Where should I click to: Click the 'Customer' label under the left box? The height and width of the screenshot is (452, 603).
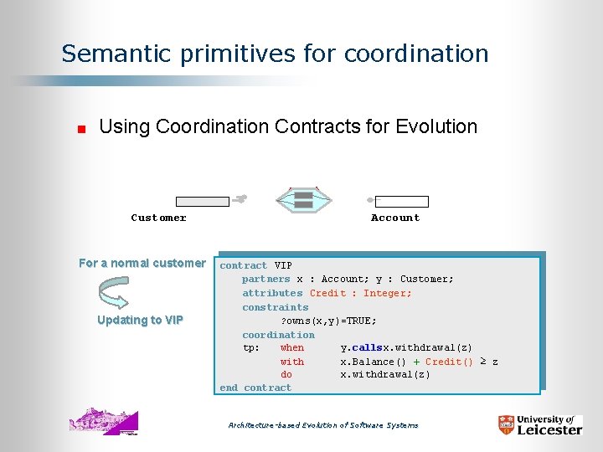pyautogui.click(x=159, y=218)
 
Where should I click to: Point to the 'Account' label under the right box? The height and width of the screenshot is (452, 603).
pyautogui.click(x=395, y=218)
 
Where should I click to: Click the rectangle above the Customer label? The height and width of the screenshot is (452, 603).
pyautogui.click(x=202, y=202)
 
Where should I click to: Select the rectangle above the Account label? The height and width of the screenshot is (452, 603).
pyautogui.click(x=401, y=202)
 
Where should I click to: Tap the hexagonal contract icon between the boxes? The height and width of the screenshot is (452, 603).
pyautogui.click(x=303, y=199)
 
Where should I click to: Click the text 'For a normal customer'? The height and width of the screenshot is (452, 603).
pyautogui.click(x=142, y=263)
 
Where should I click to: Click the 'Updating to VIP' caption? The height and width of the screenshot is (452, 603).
pyautogui.click(x=140, y=320)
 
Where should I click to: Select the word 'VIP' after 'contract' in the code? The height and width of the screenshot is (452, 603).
pyautogui.click(x=283, y=265)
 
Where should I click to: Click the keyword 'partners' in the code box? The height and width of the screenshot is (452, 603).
pyautogui.click(x=265, y=279)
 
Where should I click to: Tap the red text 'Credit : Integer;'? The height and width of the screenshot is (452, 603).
pyautogui.click(x=361, y=293)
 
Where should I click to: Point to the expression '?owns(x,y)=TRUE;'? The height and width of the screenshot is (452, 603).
pyautogui.click(x=328, y=321)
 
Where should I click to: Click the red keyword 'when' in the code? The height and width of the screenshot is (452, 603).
pyautogui.click(x=292, y=347)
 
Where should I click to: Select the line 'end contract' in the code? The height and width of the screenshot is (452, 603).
pyautogui.click(x=255, y=388)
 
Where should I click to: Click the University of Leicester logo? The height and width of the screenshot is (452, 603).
pyautogui.click(x=539, y=424)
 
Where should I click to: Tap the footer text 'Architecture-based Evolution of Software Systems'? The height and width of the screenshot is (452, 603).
pyautogui.click(x=323, y=425)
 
